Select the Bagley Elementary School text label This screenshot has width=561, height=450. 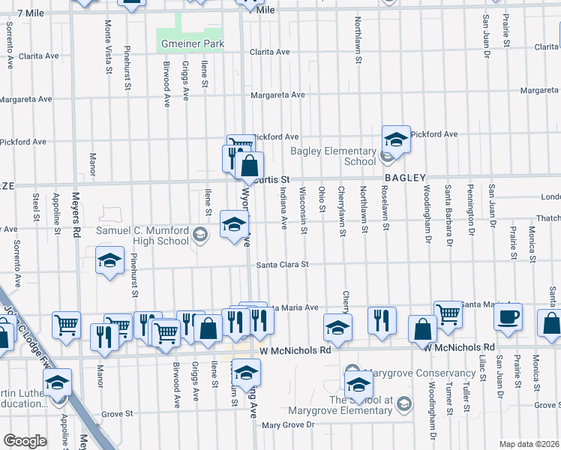click(x=334, y=157)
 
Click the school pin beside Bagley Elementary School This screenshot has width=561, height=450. click(x=396, y=139)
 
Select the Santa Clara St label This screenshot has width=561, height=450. click(x=283, y=265)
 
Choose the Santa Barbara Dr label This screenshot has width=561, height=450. click(x=449, y=216)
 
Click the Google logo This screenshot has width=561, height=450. click(x=25, y=441)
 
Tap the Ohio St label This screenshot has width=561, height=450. click(x=322, y=199)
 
